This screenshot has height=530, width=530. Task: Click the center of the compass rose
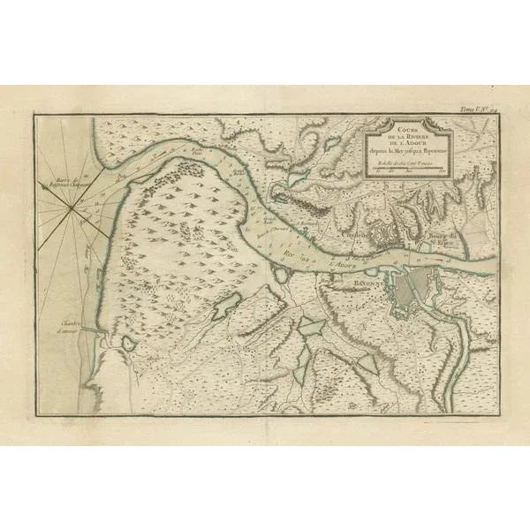[x=70, y=206]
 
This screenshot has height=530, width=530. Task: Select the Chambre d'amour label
[x=72, y=325]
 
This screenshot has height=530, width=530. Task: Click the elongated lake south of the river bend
[x=226, y=304]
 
